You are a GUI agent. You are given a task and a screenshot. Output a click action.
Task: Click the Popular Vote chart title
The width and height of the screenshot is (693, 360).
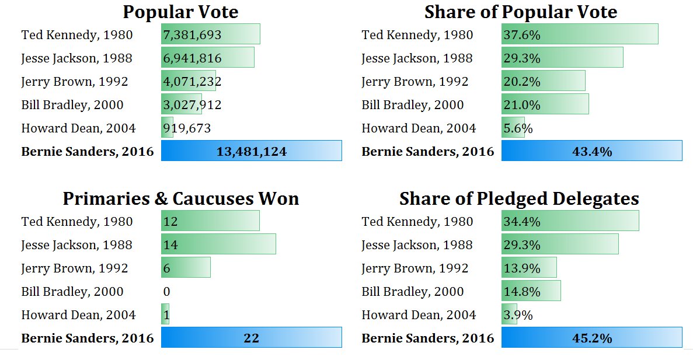click(x=180, y=12)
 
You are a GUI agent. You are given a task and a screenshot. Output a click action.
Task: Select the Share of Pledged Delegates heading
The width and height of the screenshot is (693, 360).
click(x=519, y=199)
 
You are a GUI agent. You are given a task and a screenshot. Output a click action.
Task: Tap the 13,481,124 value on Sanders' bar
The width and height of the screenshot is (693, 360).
click(x=251, y=152)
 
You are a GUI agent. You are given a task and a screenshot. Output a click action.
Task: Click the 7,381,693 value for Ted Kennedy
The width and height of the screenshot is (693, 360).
click(x=193, y=35)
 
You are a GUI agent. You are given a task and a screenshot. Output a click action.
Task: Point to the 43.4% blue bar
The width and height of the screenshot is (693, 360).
click(x=591, y=151)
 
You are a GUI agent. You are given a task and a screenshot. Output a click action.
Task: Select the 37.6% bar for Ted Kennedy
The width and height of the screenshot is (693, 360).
click(x=579, y=34)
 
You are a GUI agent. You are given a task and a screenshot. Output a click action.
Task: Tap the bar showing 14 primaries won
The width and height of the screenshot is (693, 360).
click(x=218, y=244)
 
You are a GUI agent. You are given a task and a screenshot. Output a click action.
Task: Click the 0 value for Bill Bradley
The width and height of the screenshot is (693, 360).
click(x=167, y=292)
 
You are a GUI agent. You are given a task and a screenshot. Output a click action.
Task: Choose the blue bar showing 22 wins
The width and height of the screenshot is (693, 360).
click(x=251, y=338)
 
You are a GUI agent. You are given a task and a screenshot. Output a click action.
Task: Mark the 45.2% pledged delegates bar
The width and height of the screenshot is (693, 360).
click(x=591, y=338)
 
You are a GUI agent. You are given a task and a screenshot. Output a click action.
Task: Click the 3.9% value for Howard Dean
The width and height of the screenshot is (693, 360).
click(x=517, y=315)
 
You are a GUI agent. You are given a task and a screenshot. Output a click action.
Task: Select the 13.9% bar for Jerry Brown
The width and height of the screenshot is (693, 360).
click(x=528, y=268)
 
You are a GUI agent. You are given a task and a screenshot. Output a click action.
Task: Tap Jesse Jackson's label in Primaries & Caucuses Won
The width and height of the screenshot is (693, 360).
click(x=76, y=245)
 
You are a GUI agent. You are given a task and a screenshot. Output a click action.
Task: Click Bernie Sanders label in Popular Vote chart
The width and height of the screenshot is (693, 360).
click(x=88, y=152)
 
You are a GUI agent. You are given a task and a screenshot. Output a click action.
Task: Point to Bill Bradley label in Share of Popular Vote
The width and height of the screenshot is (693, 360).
click(x=412, y=105)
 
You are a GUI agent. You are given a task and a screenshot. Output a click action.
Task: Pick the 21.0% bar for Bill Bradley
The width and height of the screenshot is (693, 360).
click(x=545, y=104)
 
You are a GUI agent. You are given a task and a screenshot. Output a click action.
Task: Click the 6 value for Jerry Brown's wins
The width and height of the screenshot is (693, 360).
click(x=167, y=268)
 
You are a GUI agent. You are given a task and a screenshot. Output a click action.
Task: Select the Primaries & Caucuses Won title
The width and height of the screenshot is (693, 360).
click(x=180, y=199)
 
